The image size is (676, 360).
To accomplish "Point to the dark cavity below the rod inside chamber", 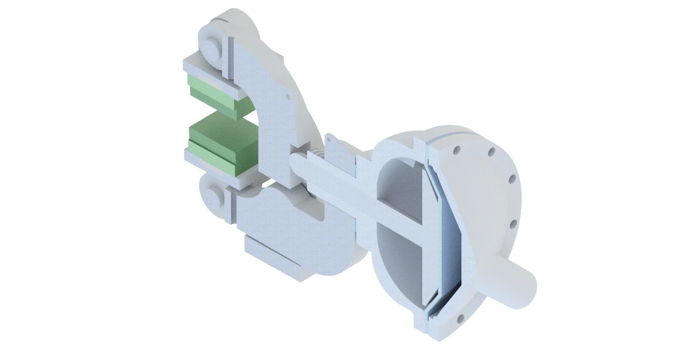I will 397,270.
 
